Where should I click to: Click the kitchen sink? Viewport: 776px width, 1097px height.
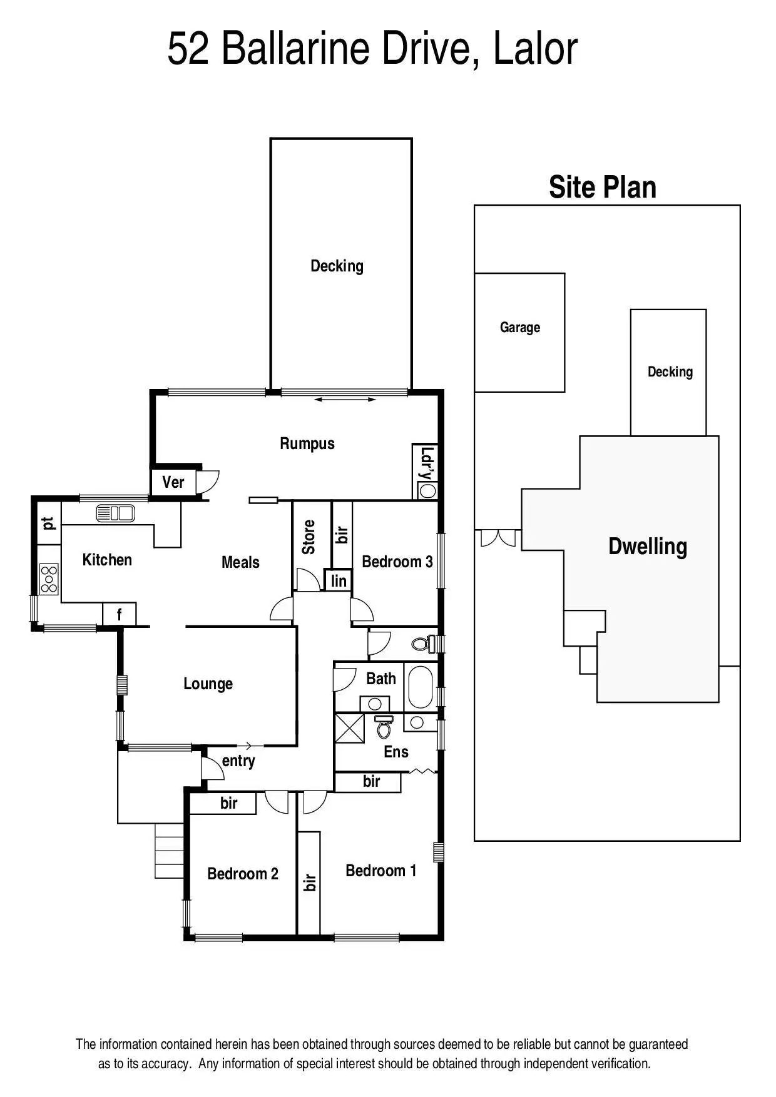click(x=116, y=513)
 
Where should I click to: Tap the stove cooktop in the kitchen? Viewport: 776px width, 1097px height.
click(x=49, y=579)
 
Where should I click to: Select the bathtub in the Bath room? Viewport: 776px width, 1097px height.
click(x=420, y=686)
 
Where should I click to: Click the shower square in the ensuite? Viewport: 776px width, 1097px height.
click(x=350, y=728)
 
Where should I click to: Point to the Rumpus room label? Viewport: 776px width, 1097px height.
click(x=307, y=443)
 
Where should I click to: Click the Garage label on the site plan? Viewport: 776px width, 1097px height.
click(x=519, y=327)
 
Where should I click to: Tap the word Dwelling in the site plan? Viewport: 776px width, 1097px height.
click(x=648, y=546)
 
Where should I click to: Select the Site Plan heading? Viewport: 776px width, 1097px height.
click(x=602, y=187)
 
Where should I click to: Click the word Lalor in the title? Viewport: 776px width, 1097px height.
click(x=535, y=49)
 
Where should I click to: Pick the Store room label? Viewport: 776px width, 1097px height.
click(x=309, y=537)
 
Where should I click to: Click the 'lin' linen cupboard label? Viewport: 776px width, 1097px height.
click(x=339, y=581)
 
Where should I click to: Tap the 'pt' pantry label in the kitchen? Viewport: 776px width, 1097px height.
click(x=48, y=523)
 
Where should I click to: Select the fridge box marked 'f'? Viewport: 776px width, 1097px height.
click(x=120, y=615)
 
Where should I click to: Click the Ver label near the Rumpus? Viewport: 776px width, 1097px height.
click(x=173, y=482)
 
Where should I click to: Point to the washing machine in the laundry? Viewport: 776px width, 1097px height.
click(x=428, y=491)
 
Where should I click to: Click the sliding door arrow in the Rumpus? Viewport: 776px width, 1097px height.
click(x=345, y=399)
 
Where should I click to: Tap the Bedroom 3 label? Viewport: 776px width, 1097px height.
click(x=397, y=562)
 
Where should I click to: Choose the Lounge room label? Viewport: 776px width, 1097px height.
click(x=208, y=684)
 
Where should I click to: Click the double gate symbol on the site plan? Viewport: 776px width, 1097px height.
click(x=498, y=537)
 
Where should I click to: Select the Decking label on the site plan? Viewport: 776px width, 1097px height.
click(x=670, y=372)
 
